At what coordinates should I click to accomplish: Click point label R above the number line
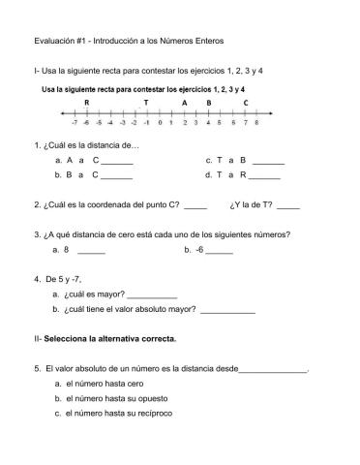click(x=88, y=102)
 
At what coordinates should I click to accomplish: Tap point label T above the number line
click(x=146, y=102)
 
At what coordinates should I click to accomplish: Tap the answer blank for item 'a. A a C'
click(x=117, y=161)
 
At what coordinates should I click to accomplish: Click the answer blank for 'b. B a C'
click(x=117, y=177)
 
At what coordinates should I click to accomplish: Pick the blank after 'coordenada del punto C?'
click(x=195, y=206)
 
